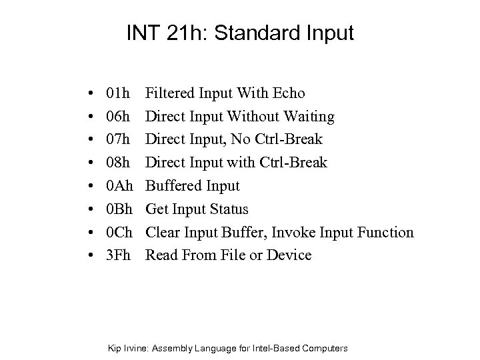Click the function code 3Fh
[x=119, y=255]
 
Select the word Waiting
[x=309, y=117]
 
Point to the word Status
[x=227, y=209]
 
